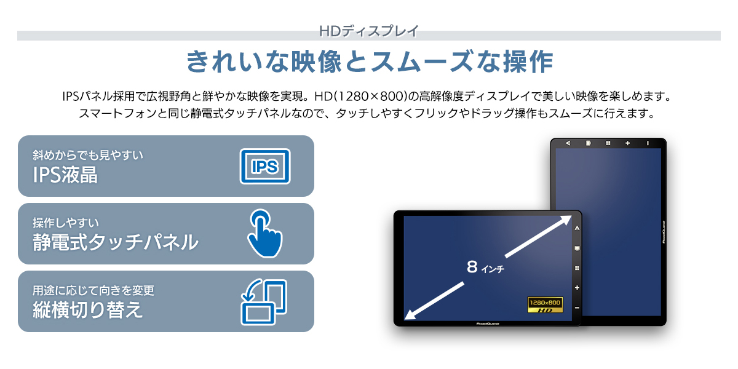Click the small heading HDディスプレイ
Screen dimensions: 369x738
pos(369,30)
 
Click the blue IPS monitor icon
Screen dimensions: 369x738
pos(264,166)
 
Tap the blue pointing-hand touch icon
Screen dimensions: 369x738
pos(265,233)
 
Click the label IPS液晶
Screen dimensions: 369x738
pos(65,175)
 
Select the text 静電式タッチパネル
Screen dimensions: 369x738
pos(116,242)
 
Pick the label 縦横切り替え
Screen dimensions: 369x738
pos(88,309)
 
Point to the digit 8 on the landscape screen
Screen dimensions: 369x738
pos(472,266)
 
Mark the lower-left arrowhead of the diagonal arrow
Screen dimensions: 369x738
pos(410,314)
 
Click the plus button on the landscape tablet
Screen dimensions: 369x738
pos(577,287)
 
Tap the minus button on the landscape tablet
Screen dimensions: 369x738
pos(577,307)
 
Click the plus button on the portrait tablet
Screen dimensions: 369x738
pos(627,143)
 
